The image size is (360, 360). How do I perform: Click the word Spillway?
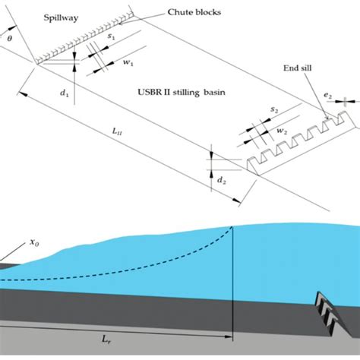54,14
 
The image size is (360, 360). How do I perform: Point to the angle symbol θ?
9,37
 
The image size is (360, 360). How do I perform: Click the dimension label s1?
112,36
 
